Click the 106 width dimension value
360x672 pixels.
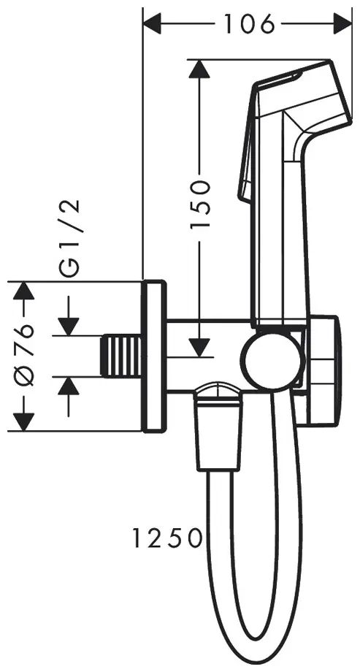click(250, 24)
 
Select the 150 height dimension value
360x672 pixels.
click(200, 204)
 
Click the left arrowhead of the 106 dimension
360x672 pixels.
click(152, 24)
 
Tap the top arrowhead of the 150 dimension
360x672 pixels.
click(199, 69)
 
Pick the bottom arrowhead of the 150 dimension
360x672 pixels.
click(199, 347)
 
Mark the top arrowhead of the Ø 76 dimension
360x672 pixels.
click(23, 291)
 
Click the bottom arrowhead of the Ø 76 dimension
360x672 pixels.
click(23, 421)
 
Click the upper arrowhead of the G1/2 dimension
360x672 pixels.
click(69, 327)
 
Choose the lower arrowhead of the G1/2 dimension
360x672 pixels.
click(69, 387)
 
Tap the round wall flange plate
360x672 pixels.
click(153, 356)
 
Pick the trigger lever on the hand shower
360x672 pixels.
click(248, 145)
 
